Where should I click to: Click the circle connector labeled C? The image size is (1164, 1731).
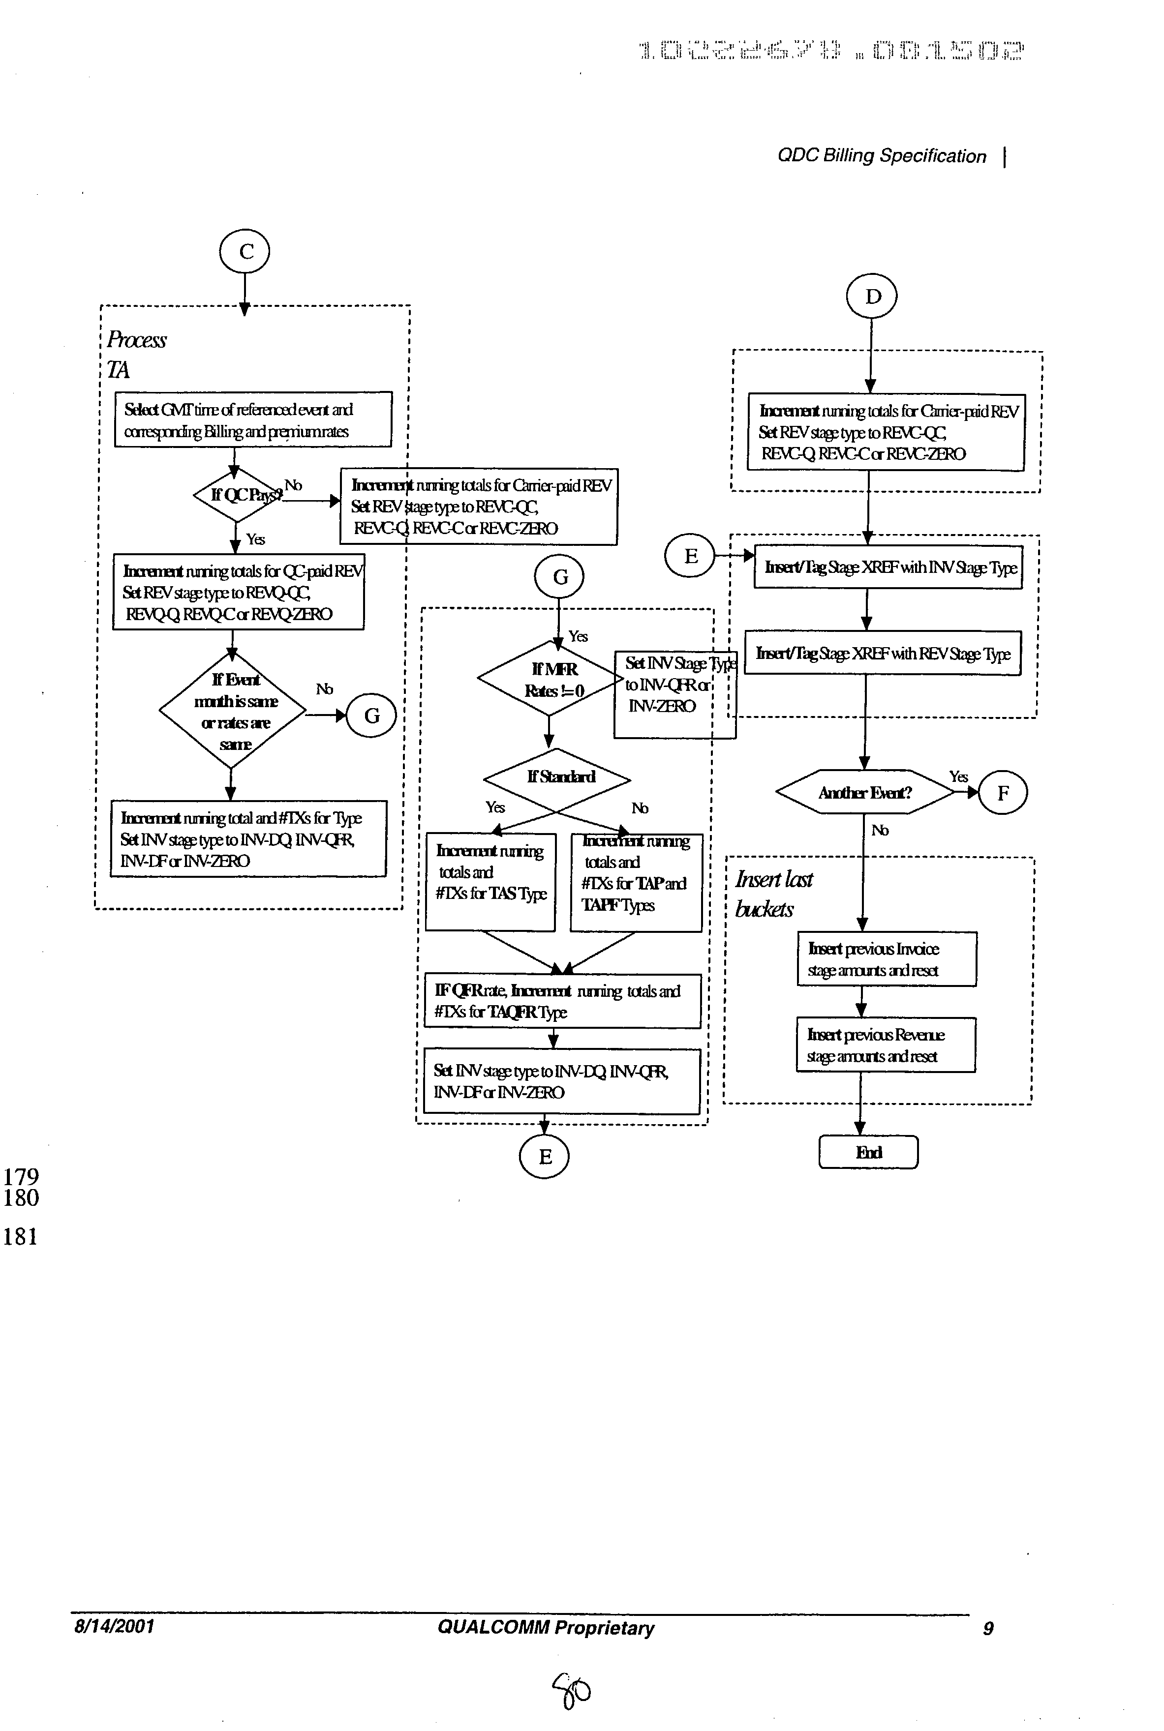(245, 251)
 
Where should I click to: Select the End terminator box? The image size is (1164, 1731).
(868, 1152)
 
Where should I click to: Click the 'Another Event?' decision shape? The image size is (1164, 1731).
(865, 792)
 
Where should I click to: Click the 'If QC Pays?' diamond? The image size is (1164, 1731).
(236, 494)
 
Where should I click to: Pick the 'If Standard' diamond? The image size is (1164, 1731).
(557, 777)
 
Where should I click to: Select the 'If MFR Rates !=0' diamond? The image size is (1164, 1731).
(551, 680)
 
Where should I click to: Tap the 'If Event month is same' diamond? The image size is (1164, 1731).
(232, 711)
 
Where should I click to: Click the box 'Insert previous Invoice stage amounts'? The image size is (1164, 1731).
(887, 958)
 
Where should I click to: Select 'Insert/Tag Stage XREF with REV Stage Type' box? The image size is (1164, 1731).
(883, 653)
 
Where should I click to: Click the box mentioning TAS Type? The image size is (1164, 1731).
(490, 881)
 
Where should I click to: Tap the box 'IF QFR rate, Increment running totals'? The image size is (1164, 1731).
(562, 1001)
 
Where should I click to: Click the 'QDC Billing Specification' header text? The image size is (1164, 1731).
(881, 156)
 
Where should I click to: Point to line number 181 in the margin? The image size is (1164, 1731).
(20, 1237)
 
